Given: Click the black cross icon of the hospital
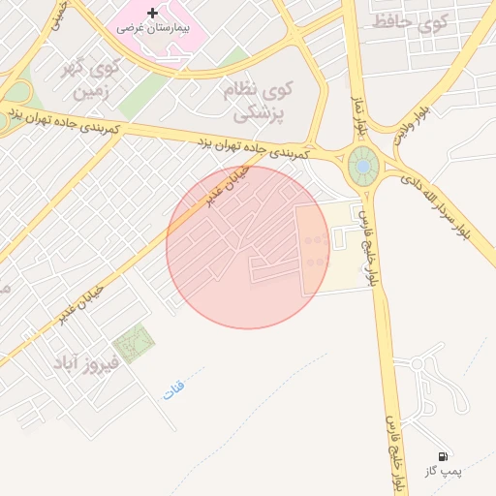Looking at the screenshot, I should tap(152, 13).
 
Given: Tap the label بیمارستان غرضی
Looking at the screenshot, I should tap(152, 28).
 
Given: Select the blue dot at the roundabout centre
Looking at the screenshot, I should tap(362, 167).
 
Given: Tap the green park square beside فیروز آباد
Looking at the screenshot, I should tap(133, 343).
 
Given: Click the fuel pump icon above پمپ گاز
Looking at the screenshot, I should tap(443, 455).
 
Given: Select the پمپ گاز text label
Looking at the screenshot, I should tap(444, 472).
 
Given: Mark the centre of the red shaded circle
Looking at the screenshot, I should tap(248, 247).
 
